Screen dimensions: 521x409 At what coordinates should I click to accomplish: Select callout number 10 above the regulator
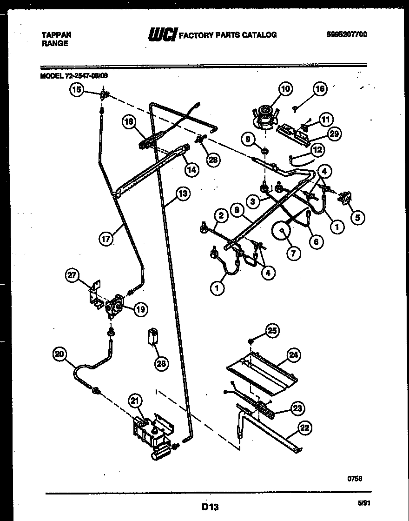285,89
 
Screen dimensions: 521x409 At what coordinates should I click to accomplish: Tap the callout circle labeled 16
320,89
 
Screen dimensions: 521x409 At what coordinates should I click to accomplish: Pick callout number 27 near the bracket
72,275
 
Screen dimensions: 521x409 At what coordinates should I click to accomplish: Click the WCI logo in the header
162,35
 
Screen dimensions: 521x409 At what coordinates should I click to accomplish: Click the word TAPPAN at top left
57,35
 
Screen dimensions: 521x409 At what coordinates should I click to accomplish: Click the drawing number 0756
356,478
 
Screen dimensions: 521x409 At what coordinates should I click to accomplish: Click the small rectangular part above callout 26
152,336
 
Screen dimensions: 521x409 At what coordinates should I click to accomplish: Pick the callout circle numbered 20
59,354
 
